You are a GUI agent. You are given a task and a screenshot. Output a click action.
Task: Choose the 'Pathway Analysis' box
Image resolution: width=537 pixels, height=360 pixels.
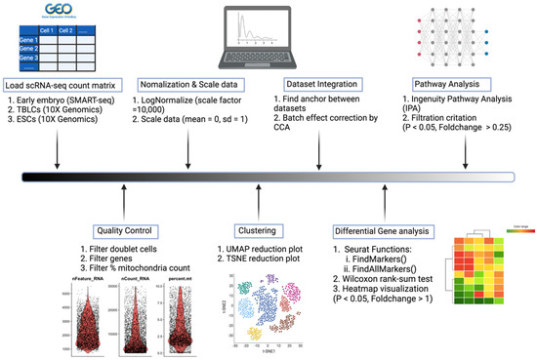[449, 84]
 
